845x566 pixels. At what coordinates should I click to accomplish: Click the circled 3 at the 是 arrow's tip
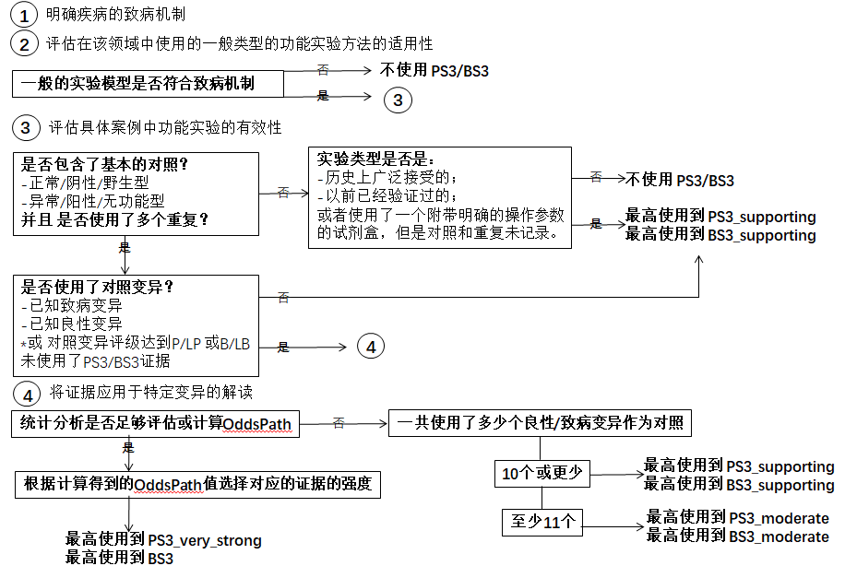pyautogui.click(x=398, y=100)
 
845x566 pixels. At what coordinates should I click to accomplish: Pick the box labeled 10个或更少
pyautogui.click(x=541, y=474)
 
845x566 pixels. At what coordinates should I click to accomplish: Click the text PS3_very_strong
pyautogui.click(x=206, y=540)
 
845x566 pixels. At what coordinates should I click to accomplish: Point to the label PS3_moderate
pyautogui.click(x=780, y=518)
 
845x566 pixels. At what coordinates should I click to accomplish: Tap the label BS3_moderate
pyautogui.click(x=780, y=536)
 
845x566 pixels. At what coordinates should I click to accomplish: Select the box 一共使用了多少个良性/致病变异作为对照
pyautogui.click(x=541, y=424)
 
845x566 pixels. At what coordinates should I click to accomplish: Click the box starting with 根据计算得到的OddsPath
pyautogui.click(x=197, y=484)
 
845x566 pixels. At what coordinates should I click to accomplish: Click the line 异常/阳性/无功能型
pyautogui.click(x=92, y=200)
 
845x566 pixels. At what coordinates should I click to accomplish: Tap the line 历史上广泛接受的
pyautogui.click(x=387, y=177)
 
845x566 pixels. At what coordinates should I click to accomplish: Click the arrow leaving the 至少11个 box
pyautogui.click(x=613, y=527)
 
